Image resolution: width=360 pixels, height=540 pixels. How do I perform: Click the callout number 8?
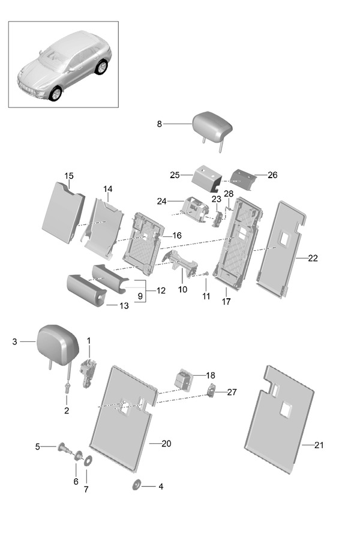click(x=160, y=124)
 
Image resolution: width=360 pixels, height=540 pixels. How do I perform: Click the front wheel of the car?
click(x=56, y=93)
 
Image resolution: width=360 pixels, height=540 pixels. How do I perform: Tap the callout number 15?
click(x=69, y=176)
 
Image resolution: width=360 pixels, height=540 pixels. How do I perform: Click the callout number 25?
click(x=175, y=175)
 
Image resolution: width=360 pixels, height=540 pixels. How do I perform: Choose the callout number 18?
click(x=210, y=375)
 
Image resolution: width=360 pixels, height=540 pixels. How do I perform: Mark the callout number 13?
click(x=123, y=305)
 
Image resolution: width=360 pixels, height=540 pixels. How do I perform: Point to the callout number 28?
click(x=229, y=193)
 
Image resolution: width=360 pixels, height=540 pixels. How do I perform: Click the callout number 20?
click(x=166, y=443)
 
